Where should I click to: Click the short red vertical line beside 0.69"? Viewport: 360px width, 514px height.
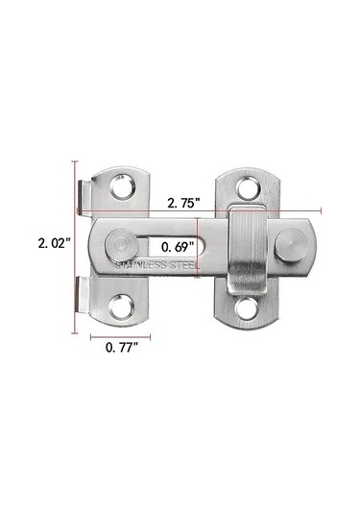click(x=199, y=247)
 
